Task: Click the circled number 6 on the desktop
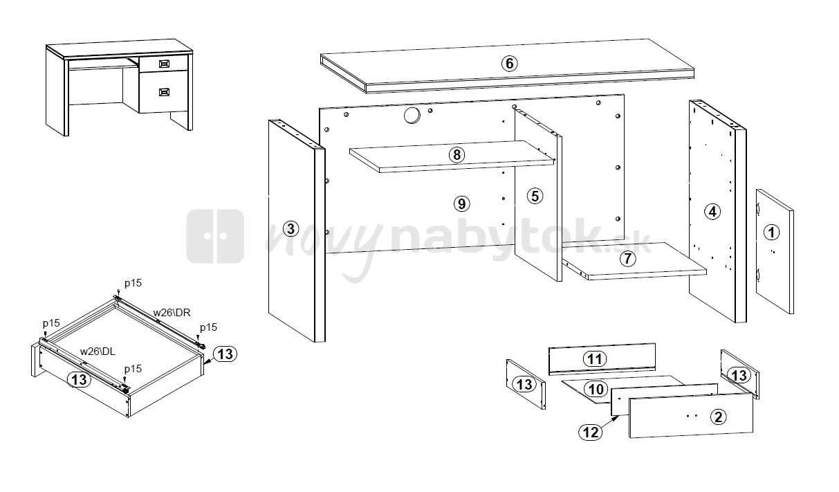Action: [x=509, y=64]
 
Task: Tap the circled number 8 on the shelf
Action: [x=457, y=155]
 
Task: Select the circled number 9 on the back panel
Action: [x=462, y=204]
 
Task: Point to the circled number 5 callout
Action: [x=535, y=196]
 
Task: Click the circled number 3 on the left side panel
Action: [x=291, y=229]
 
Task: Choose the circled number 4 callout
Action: [x=712, y=212]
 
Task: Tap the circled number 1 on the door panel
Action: [x=772, y=233]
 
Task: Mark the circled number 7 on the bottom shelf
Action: [x=628, y=259]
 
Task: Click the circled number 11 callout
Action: [x=595, y=359]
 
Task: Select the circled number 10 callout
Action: [x=596, y=390]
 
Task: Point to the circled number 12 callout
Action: [x=591, y=432]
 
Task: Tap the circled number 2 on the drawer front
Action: [x=719, y=417]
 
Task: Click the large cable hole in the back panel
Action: [x=412, y=115]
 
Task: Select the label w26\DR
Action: [x=172, y=313]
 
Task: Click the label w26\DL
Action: [x=98, y=352]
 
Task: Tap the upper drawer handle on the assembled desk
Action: [x=165, y=64]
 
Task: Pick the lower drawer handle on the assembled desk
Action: [x=165, y=92]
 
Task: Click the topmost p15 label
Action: [x=133, y=283]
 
